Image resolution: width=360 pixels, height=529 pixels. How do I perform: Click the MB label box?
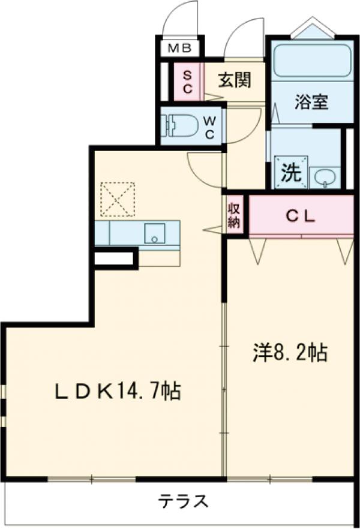click(x=179, y=49)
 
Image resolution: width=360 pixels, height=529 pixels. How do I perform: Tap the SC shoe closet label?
click(x=187, y=82)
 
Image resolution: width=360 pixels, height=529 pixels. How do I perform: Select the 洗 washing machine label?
click(x=291, y=173)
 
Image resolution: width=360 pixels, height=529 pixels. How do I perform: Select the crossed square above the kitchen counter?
click(x=117, y=200)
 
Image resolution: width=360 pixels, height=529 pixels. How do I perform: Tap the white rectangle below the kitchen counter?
click(x=114, y=258)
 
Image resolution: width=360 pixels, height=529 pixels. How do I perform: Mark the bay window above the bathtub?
click(x=311, y=29)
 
